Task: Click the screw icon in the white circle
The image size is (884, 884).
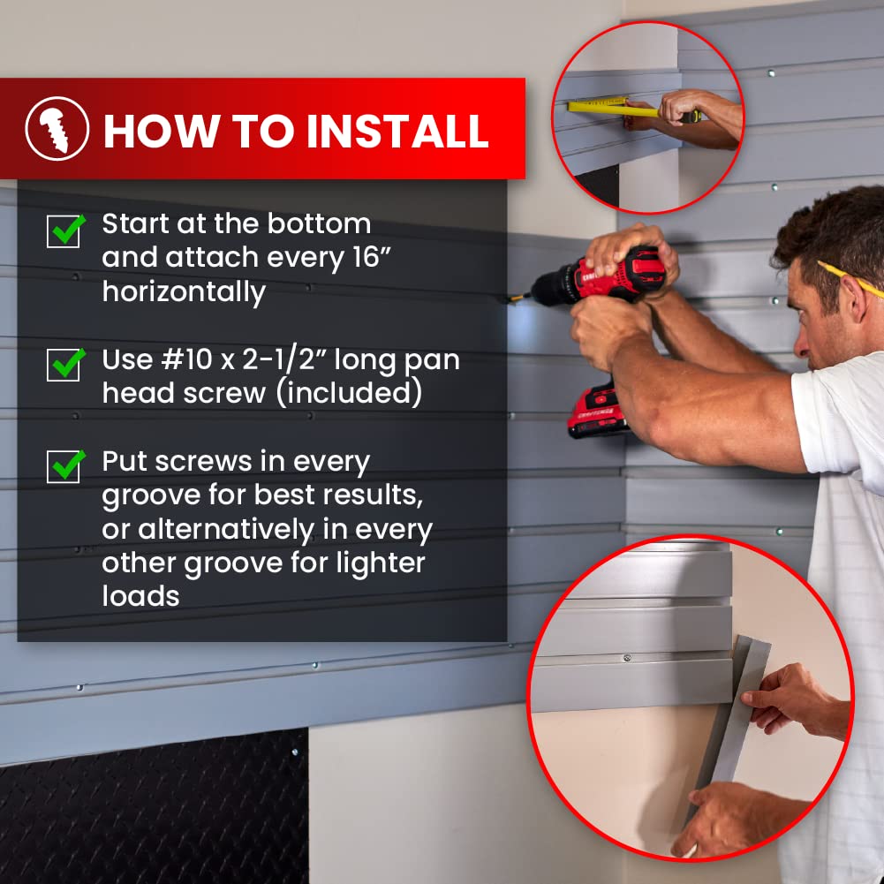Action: click(x=57, y=129)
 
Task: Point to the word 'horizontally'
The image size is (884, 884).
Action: click(x=184, y=291)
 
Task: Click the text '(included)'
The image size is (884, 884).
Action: click(x=350, y=393)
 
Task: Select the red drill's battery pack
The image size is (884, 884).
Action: click(x=598, y=412)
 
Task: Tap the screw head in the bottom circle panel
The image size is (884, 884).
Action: click(x=626, y=657)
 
